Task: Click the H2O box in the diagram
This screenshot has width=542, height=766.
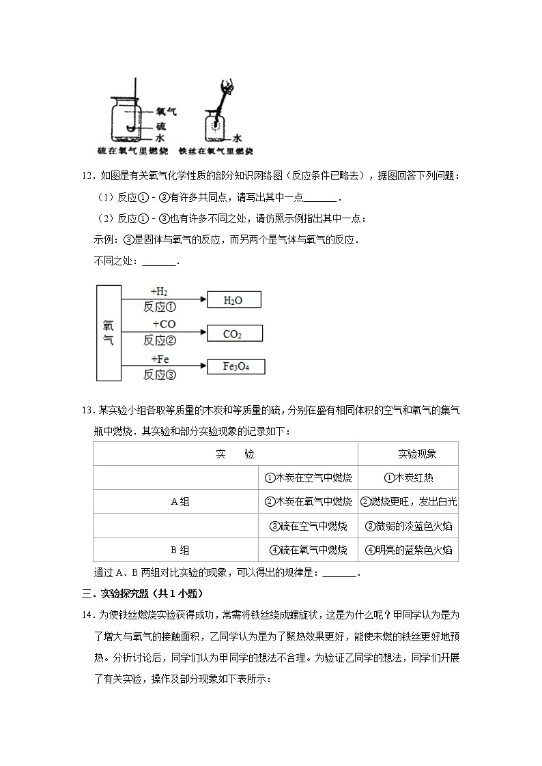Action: tap(233, 299)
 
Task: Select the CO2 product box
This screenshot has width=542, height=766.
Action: tap(233, 334)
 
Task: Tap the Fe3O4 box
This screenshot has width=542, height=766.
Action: tap(236, 366)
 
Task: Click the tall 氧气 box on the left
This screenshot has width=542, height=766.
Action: tap(108, 332)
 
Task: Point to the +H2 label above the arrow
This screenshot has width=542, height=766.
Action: tap(158, 291)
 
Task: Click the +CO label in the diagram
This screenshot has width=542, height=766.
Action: tap(164, 325)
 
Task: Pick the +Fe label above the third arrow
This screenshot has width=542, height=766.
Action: tap(160, 359)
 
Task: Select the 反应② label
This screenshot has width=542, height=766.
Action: tap(160, 340)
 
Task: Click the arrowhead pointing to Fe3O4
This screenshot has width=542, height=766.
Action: tap(202, 367)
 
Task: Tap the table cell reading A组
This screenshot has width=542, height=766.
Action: tap(180, 501)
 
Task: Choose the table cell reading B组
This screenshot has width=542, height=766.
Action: tap(180, 550)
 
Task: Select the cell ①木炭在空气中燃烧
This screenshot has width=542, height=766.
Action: tap(308, 477)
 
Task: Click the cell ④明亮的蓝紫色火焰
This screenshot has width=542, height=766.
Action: tap(408, 550)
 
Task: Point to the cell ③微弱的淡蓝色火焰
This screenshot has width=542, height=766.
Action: tap(408, 526)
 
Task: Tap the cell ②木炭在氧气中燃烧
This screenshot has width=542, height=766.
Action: tap(308, 501)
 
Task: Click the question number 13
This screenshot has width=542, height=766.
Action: tap(87, 411)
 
